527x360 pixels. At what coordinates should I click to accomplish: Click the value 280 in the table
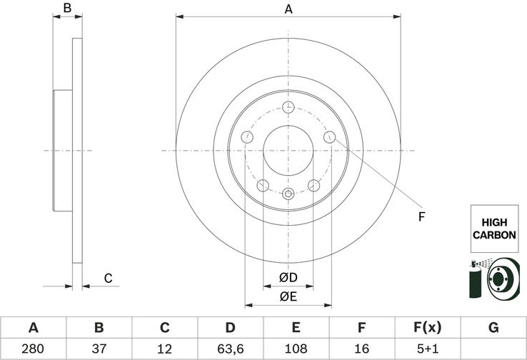[x=33, y=349]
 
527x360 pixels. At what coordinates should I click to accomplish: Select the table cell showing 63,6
[x=230, y=349]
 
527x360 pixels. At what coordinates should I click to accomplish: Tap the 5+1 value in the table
[x=428, y=349]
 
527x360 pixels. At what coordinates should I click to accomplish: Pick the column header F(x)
[x=428, y=327]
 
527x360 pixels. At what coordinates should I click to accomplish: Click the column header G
[x=493, y=327]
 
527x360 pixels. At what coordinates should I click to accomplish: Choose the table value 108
[x=296, y=349]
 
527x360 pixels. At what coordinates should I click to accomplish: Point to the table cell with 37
[x=99, y=349]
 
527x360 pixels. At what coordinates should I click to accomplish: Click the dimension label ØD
[x=288, y=278]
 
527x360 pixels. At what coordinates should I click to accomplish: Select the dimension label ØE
[x=288, y=296]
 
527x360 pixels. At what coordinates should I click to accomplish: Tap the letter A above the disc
[x=288, y=9]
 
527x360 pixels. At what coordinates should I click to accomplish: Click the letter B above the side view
[x=67, y=8]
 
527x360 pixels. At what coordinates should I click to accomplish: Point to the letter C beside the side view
[x=108, y=279]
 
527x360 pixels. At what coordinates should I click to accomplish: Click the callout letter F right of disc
[x=422, y=217]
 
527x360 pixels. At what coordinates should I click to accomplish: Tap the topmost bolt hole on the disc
[x=288, y=107]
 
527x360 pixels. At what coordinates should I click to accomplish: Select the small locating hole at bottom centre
[x=288, y=194]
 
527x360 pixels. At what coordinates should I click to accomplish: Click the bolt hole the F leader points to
[x=329, y=137]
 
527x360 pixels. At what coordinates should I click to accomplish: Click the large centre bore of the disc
[x=288, y=150]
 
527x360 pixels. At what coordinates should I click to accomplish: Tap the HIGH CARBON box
[x=494, y=229]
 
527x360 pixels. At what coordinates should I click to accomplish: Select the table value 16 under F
[x=361, y=349]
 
